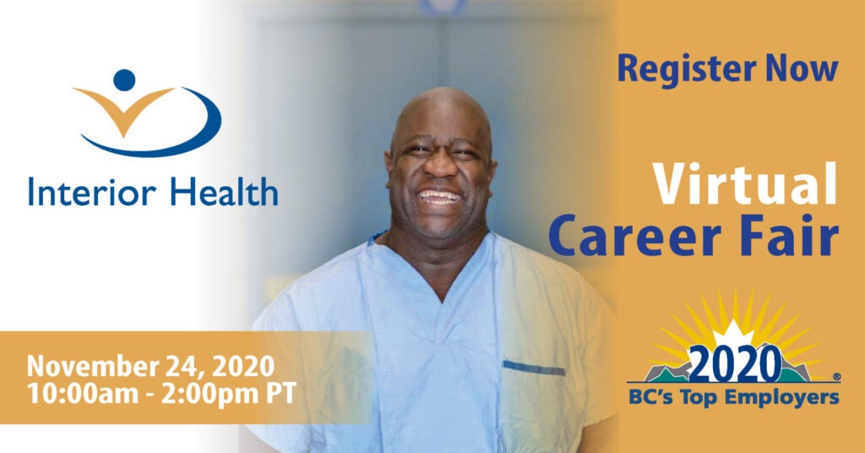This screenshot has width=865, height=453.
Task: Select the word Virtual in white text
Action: tap(745, 183)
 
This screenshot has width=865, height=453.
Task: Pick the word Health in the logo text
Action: tap(223, 192)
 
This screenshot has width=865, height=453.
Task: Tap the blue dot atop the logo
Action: tap(124, 80)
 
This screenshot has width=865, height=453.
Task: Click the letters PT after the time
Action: tap(282, 392)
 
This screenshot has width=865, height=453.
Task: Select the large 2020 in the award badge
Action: tap(735, 363)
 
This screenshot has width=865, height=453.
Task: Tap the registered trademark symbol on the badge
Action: tap(836, 377)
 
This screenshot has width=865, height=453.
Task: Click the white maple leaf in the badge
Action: tap(734, 335)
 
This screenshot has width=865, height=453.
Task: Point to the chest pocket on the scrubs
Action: tap(534, 368)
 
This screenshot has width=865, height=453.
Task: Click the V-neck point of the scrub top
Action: tap(442, 301)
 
